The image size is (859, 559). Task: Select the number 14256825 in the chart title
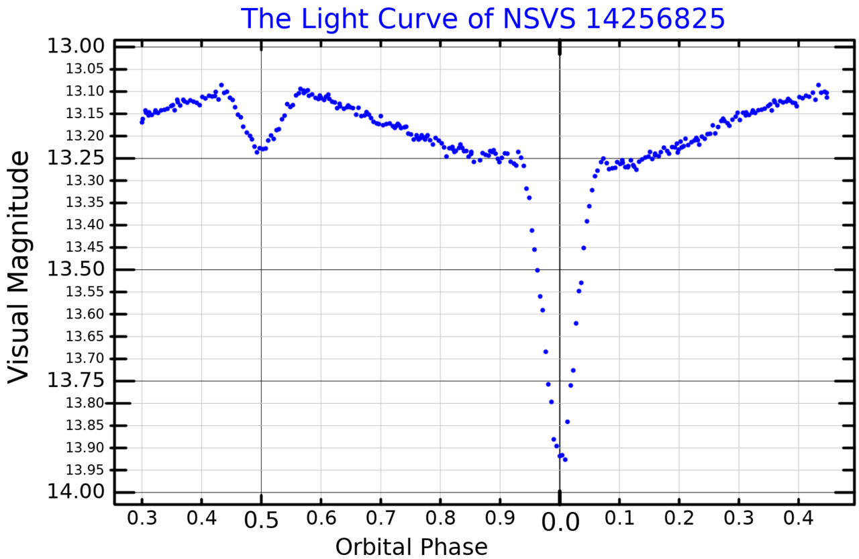coord(655,19)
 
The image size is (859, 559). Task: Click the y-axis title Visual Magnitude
coord(19,267)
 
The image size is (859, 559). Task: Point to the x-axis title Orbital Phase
coord(411,547)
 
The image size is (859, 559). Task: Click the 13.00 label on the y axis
coord(76,46)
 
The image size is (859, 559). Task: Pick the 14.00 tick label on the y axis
coord(76,492)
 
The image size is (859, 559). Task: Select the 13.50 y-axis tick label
coord(76,269)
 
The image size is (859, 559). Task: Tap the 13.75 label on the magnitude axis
coord(76,381)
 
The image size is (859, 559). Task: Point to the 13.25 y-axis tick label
coord(76,158)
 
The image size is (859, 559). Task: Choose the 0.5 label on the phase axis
coord(261,521)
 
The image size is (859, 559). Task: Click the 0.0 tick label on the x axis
coord(560,521)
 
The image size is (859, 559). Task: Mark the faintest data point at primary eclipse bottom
coord(565,460)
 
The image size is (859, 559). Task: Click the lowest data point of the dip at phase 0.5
coord(256,153)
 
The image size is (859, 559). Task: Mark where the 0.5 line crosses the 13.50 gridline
coord(261,269)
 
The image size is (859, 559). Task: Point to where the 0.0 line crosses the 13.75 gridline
coord(560,381)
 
